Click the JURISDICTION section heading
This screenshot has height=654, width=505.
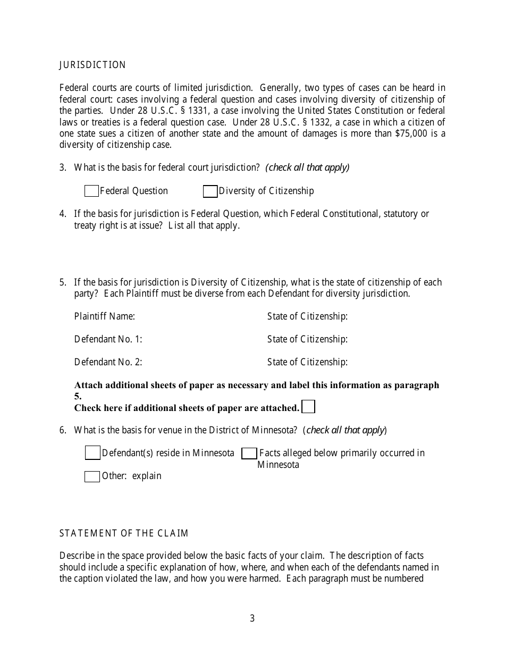pos(92,65)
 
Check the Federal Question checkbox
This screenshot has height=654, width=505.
pos(91,191)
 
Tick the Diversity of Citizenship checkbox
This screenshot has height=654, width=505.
pos(211,191)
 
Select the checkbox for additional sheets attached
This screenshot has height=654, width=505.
pos(308,407)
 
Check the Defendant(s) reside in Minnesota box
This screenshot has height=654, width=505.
pos(92,453)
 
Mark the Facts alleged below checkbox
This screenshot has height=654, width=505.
pos(249,453)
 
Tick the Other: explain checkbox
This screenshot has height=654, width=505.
pos(92,476)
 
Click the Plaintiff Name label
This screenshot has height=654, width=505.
pos(105,316)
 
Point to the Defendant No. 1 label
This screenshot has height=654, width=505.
pos(108,339)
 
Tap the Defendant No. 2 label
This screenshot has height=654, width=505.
pos(108,362)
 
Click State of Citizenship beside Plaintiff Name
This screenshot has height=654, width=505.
pos(307,316)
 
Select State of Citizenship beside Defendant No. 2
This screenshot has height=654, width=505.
pos(307,362)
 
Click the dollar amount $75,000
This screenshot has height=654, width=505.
pos(411,133)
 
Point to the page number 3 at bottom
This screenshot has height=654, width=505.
pos(252,618)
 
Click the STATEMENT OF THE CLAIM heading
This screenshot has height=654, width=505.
pos(124,533)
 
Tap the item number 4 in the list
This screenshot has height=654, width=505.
pos(62,214)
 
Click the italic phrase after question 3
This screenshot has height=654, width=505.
pos(307,167)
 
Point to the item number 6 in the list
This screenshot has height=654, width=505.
pos(62,430)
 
